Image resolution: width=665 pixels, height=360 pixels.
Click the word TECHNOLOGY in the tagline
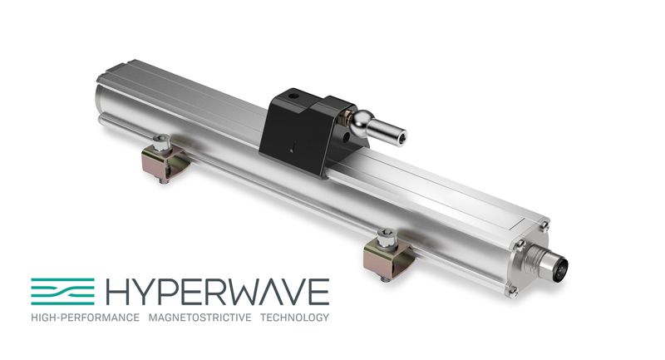294,318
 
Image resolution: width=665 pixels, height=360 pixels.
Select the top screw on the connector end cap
544,224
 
